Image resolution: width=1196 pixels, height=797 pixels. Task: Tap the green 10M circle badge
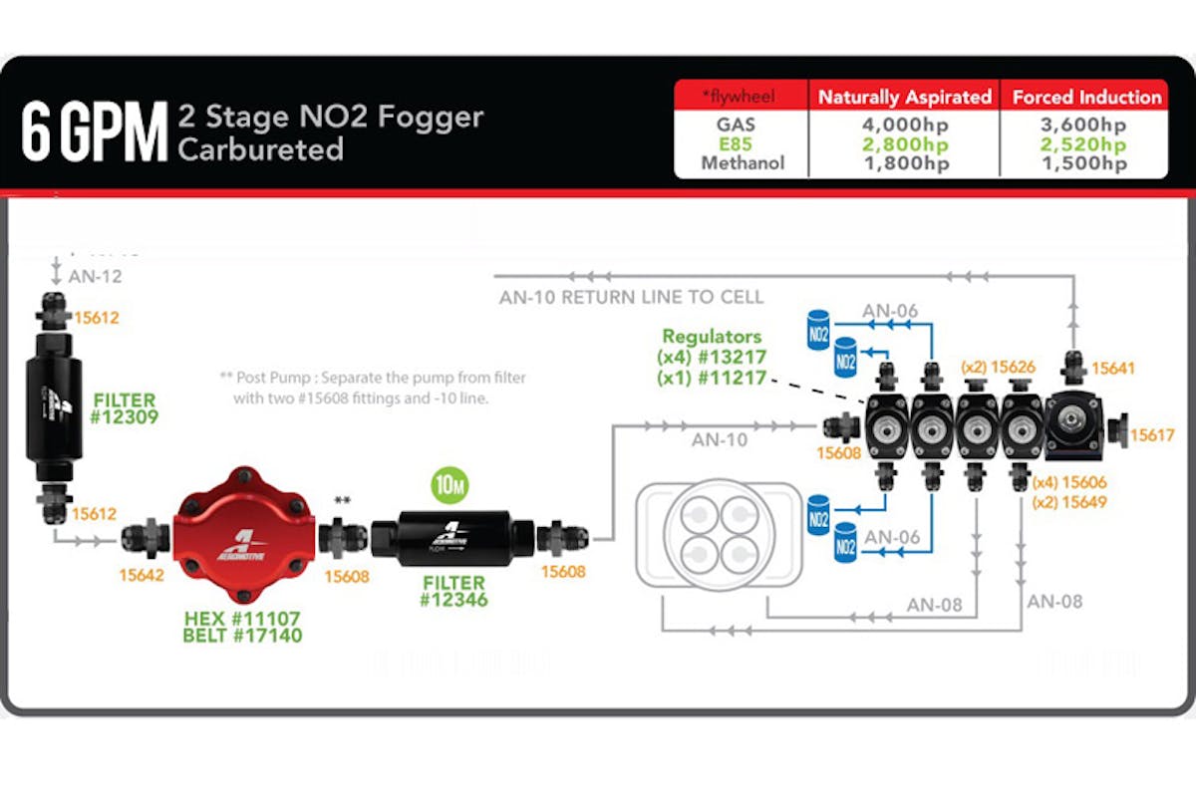coord(450,486)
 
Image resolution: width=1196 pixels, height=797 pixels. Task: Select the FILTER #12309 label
coord(125,409)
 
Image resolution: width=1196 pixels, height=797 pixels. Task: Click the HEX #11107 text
coord(242,619)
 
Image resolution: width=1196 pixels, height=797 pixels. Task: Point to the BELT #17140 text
coord(242,636)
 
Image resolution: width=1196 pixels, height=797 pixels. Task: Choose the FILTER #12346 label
coord(452,591)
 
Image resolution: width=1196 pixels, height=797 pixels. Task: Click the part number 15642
coord(141,575)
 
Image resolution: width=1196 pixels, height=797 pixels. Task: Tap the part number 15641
coord(1112,368)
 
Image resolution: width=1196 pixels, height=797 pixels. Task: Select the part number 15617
coord(1151,435)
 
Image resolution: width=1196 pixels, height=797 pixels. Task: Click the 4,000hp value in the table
coord(904,127)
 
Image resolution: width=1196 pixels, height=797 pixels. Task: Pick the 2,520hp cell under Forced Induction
coord(1086,145)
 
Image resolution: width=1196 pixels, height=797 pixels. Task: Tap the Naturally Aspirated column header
coord(904,97)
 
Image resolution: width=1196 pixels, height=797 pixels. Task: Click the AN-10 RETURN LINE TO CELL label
coord(632,297)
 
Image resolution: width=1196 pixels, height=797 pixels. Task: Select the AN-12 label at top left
coord(96,276)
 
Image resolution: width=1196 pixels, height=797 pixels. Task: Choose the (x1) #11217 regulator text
coord(711,379)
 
